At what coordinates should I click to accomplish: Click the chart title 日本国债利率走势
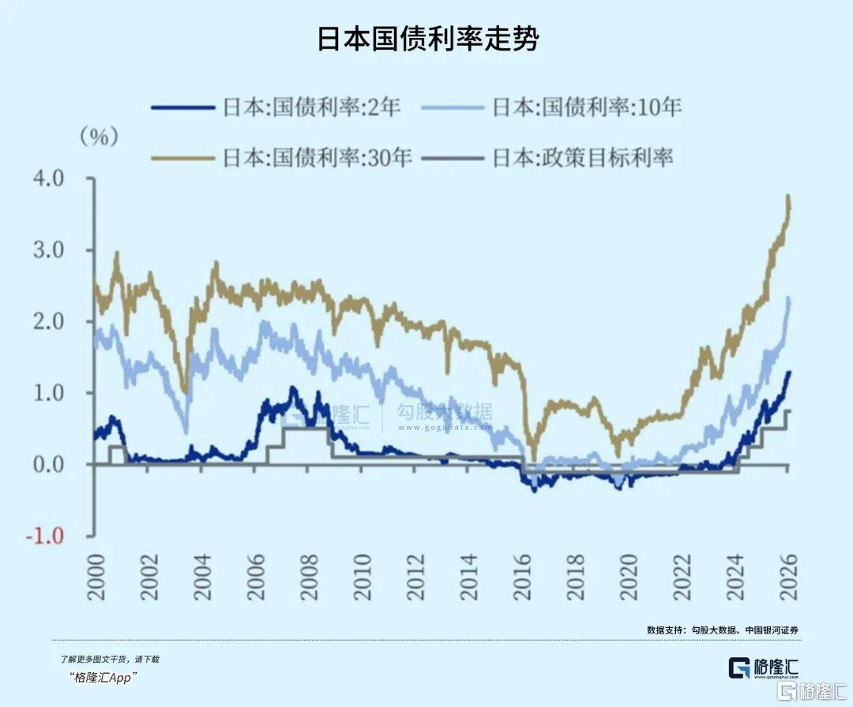(x=427, y=39)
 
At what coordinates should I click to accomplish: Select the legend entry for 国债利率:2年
(x=312, y=107)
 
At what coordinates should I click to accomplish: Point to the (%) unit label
(x=99, y=137)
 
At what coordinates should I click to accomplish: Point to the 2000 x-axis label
(x=95, y=577)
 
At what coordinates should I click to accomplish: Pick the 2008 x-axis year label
(x=307, y=577)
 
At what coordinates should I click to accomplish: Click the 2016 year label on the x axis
(x=521, y=577)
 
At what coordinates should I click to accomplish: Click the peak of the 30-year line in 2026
(x=787, y=196)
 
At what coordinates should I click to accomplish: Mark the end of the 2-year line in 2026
(x=788, y=372)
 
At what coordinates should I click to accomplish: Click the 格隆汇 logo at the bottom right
(x=763, y=667)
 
